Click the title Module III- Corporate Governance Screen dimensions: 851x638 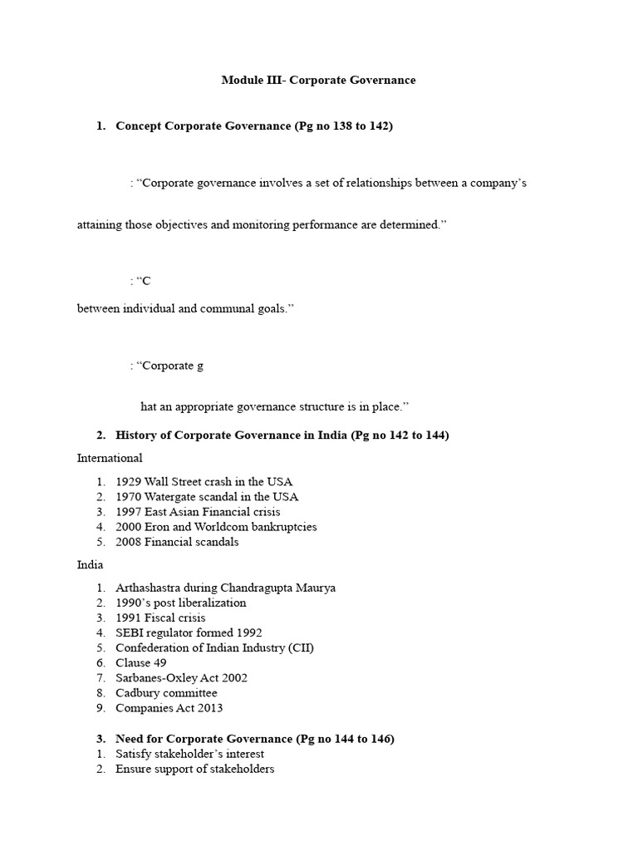tap(318, 81)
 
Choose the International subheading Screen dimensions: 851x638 tap(110, 458)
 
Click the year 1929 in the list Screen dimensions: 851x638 tap(129, 482)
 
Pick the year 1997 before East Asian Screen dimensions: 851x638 tap(129, 512)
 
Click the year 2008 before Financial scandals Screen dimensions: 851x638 tap(129, 542)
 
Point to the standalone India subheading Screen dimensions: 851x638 tap(90, 564)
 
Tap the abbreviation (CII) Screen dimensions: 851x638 tap(300, 647)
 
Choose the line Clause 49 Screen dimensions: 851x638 tap(141, 662)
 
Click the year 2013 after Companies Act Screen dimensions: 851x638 tap(209, 708)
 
